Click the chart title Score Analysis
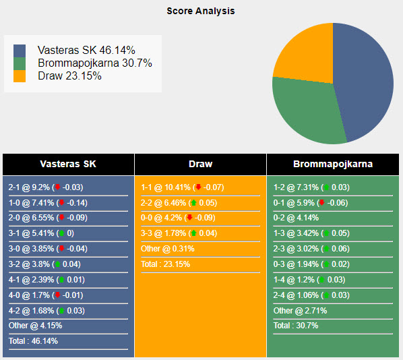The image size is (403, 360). pyautogui.click(x=201, y=11)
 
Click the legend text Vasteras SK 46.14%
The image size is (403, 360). pyautogui.click(x=86, y=51)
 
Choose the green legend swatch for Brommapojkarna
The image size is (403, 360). pyautogui.click(x=20, y=63)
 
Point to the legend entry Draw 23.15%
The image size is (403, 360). pyautogui.click(x=69, y=76)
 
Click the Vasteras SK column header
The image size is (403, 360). pyautogui.click(x=68, y=164)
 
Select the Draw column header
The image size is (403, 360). pyautogui.click(x=201, y=164)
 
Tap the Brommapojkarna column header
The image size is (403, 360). pyautogui.click(x=333, y=164)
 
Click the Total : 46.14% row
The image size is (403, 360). pyautogui.click(x=33, y=341)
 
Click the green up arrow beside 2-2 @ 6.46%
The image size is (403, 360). pyautogui.click(x=193, y=203)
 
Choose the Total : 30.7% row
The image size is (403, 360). pyautogui.click(x=296, y=326)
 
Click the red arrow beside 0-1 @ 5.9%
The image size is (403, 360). pyautogui.click(x=322, y=203)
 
